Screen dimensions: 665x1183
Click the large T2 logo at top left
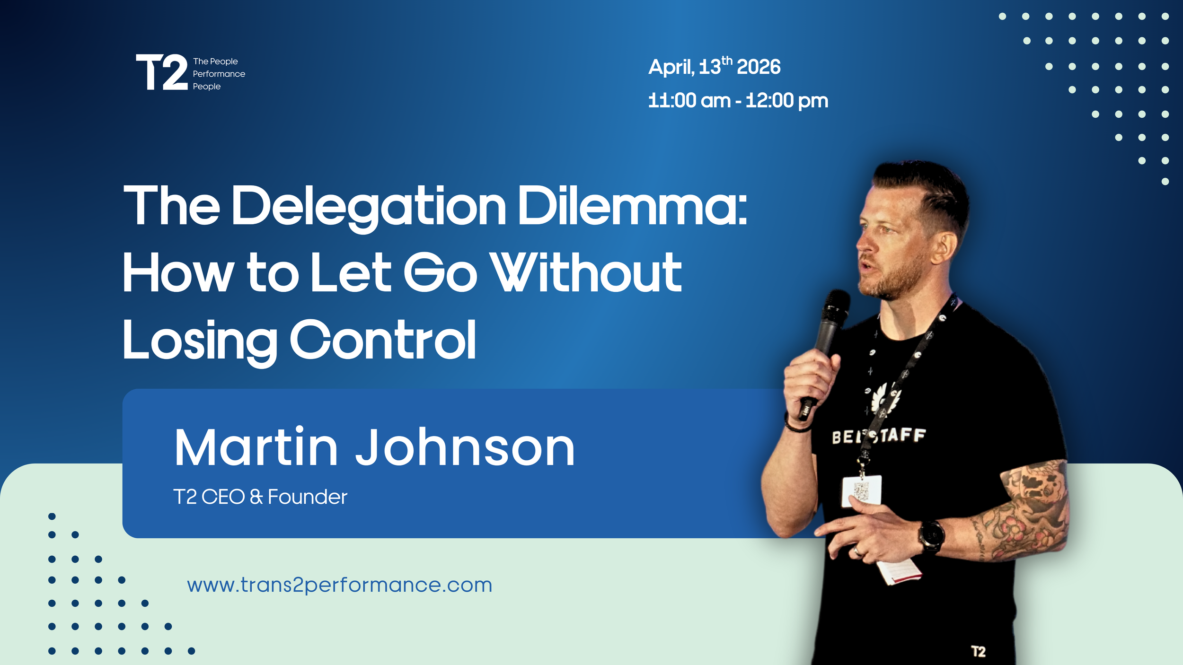tap(162, 72)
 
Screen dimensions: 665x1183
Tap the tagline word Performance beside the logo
tap(219, 74)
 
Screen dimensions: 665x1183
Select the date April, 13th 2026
tap(714, 66)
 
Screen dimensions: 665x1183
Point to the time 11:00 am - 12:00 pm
tap(738, 101)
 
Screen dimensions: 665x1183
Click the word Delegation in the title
tap(369, 206)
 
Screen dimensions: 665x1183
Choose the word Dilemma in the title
tap(632, 206)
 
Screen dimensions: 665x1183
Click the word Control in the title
tap(382, 340)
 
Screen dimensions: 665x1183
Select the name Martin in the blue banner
tap(256, 447)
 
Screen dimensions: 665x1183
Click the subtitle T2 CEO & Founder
tap(260, 497)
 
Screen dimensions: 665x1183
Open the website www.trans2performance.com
tap(339, 585)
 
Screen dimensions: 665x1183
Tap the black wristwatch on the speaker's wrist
tap(931, 536)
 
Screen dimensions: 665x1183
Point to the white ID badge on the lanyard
tap(861, 491)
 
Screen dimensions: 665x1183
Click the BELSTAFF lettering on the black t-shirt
tap(878, 436)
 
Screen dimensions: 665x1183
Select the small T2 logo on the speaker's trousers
tap(978, 651)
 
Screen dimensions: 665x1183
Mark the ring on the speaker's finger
tap(856, 551)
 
